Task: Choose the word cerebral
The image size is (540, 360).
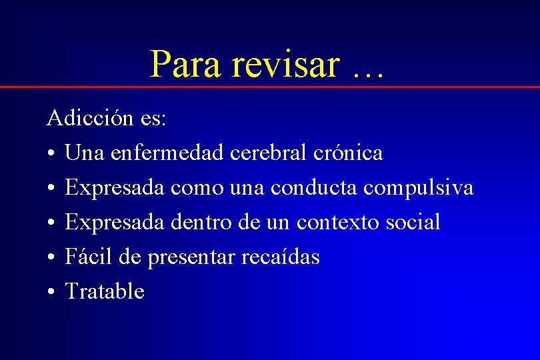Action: tap(269, 153)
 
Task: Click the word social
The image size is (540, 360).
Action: tap(413, 222)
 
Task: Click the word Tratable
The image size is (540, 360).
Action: tap(105, 291)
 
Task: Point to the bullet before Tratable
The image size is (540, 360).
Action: tap(51, 292)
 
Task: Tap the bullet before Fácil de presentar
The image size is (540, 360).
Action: tap(51, 257)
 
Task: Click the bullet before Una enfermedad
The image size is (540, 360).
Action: tap(51, 154)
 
